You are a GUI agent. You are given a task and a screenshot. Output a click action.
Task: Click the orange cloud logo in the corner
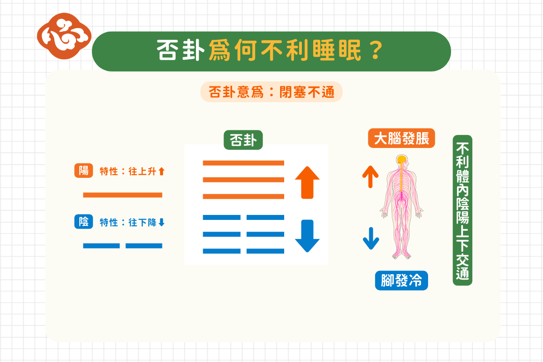pos(64,36)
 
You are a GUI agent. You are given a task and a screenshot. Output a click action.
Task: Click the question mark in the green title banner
pos(376,50)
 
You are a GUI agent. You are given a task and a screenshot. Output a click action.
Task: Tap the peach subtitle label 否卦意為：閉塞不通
pos(271,92)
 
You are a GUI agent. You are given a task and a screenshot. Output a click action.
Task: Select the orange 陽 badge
pos(83,171)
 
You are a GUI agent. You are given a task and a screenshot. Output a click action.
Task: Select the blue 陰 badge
pos(83,221)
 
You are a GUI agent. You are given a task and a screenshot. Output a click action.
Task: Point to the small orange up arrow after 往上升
pos(162,171)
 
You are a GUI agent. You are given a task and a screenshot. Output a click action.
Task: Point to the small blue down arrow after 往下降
pos(162,222)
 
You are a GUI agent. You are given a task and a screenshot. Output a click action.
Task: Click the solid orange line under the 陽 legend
pos(123,195)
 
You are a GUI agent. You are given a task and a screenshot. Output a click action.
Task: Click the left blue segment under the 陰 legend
pos(101,246)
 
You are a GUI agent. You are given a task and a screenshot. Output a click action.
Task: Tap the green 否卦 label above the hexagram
pos(243,140)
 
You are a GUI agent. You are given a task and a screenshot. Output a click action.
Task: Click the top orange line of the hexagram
pos(243,163)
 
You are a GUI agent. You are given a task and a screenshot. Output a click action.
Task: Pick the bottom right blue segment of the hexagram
pos(265,251)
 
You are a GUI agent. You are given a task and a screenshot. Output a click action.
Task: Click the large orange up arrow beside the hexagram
pos(307,182)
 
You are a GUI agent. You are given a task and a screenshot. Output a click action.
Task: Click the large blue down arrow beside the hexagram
pos(307,236)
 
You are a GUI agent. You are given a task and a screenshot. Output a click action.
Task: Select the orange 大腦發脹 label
pos(401,138)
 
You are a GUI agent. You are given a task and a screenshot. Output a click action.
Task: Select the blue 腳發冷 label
pos(401,280)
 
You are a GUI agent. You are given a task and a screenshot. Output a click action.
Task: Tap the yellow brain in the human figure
pos(401,159)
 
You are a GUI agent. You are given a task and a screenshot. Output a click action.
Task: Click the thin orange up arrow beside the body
pos(370,177)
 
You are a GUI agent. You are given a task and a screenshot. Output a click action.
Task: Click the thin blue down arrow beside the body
pos(371,238)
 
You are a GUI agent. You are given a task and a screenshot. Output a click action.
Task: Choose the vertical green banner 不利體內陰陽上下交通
pos(462,210)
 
